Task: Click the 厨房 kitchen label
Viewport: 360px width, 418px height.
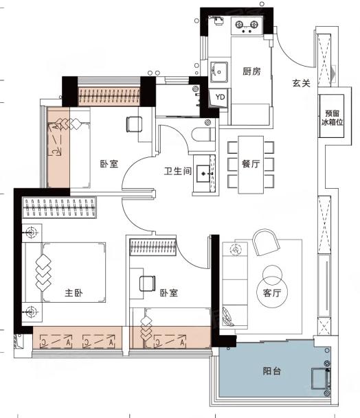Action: click(251, 71)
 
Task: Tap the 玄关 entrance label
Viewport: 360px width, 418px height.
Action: click(302, 83)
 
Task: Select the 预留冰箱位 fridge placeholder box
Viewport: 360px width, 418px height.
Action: click(332, 116)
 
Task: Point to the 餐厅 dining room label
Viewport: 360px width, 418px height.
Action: click(251, 163)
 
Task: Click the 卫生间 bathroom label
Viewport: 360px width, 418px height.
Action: click(178, 171)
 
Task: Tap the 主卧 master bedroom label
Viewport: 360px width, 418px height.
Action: click(74, 292)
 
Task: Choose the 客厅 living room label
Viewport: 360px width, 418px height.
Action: click(272, 292)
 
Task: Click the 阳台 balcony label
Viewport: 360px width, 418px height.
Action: click(271, 371)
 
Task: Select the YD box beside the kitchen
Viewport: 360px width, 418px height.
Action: click(219, 97)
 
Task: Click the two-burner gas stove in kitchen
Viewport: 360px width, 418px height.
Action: click(247, 25)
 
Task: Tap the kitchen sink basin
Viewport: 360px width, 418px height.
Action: click(219, 71)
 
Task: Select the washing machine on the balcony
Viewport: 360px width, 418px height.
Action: click(321, 378)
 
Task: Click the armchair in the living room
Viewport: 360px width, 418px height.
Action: click(266, 242)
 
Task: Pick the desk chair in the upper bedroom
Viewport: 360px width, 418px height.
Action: click(134, 124)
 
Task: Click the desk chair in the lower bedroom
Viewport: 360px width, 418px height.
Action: click(147, 283)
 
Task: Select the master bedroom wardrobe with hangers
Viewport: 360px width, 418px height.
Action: click(59, 208)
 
